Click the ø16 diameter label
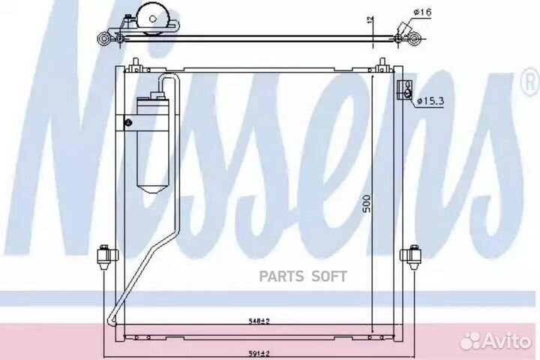[421, 13]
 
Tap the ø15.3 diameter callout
[430, 101]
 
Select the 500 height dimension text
[367, 203]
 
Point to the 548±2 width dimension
[259, 321]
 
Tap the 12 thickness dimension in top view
[370, 20]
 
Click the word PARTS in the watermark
[281, 276]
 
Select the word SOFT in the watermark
[329, 276]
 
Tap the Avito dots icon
[470, 343]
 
